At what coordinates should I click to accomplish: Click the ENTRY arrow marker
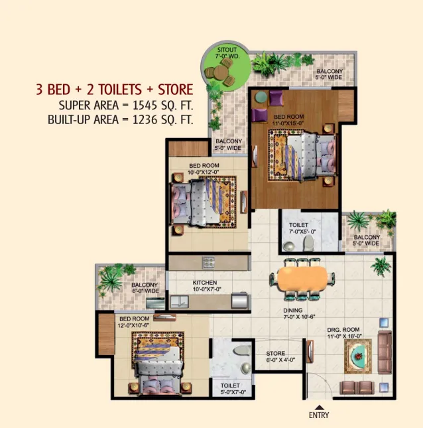pos(319,407)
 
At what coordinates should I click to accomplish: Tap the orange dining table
pos(302,279)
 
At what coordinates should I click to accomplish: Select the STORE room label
pos(276,353)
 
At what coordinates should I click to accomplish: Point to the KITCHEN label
pos(205,283)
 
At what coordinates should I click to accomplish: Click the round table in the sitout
pos(221,72)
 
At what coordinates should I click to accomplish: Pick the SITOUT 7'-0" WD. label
pos(227,53)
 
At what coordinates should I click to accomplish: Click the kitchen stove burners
pos(208,262)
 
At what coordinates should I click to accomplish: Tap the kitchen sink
pos(179,302)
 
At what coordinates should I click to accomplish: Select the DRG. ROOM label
pos(343,330)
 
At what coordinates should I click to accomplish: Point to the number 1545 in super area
pos(145,106)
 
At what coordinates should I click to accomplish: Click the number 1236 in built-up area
pos(145,119)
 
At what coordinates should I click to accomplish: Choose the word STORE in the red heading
pos(175,90)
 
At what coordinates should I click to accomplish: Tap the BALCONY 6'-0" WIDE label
pos(145,288)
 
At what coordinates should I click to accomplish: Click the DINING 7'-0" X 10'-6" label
pos(299,314)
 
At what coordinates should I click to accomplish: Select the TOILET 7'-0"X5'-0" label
pos(302,228)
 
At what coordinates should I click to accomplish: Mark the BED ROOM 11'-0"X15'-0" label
pos(288,120)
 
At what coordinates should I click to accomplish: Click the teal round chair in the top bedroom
pos(261,97)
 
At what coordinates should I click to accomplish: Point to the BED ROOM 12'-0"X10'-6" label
pos(134,322)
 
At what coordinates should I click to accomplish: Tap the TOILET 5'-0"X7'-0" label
pos(233,389)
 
